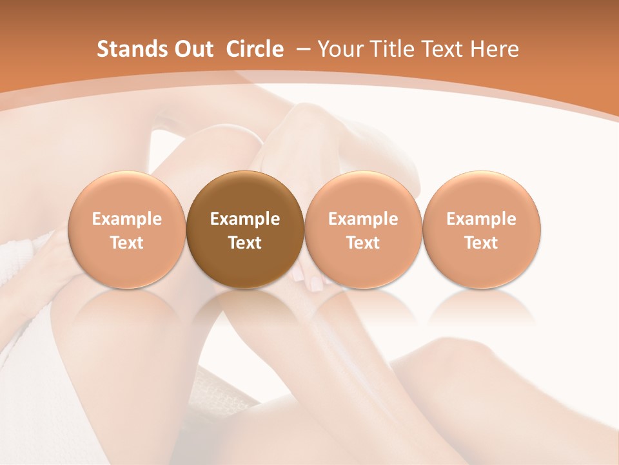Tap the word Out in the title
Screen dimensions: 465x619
(x=192, y=49)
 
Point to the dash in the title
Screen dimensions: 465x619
(x=301, y=49)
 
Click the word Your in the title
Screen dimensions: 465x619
(x=338, y=49)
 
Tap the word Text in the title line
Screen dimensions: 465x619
(x=438, y=49)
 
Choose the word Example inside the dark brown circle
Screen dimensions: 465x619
(x=245, y=219)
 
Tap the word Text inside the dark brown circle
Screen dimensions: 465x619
(x=245, y=243)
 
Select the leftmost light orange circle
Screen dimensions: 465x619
(x=127, y=230)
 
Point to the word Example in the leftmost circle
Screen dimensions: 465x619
(x=127, y=219)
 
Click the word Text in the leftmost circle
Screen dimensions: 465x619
(x=127, y=243)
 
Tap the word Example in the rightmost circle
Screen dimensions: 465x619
(x=481, y=219)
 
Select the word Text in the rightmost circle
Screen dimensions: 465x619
(x=481, y=243)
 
